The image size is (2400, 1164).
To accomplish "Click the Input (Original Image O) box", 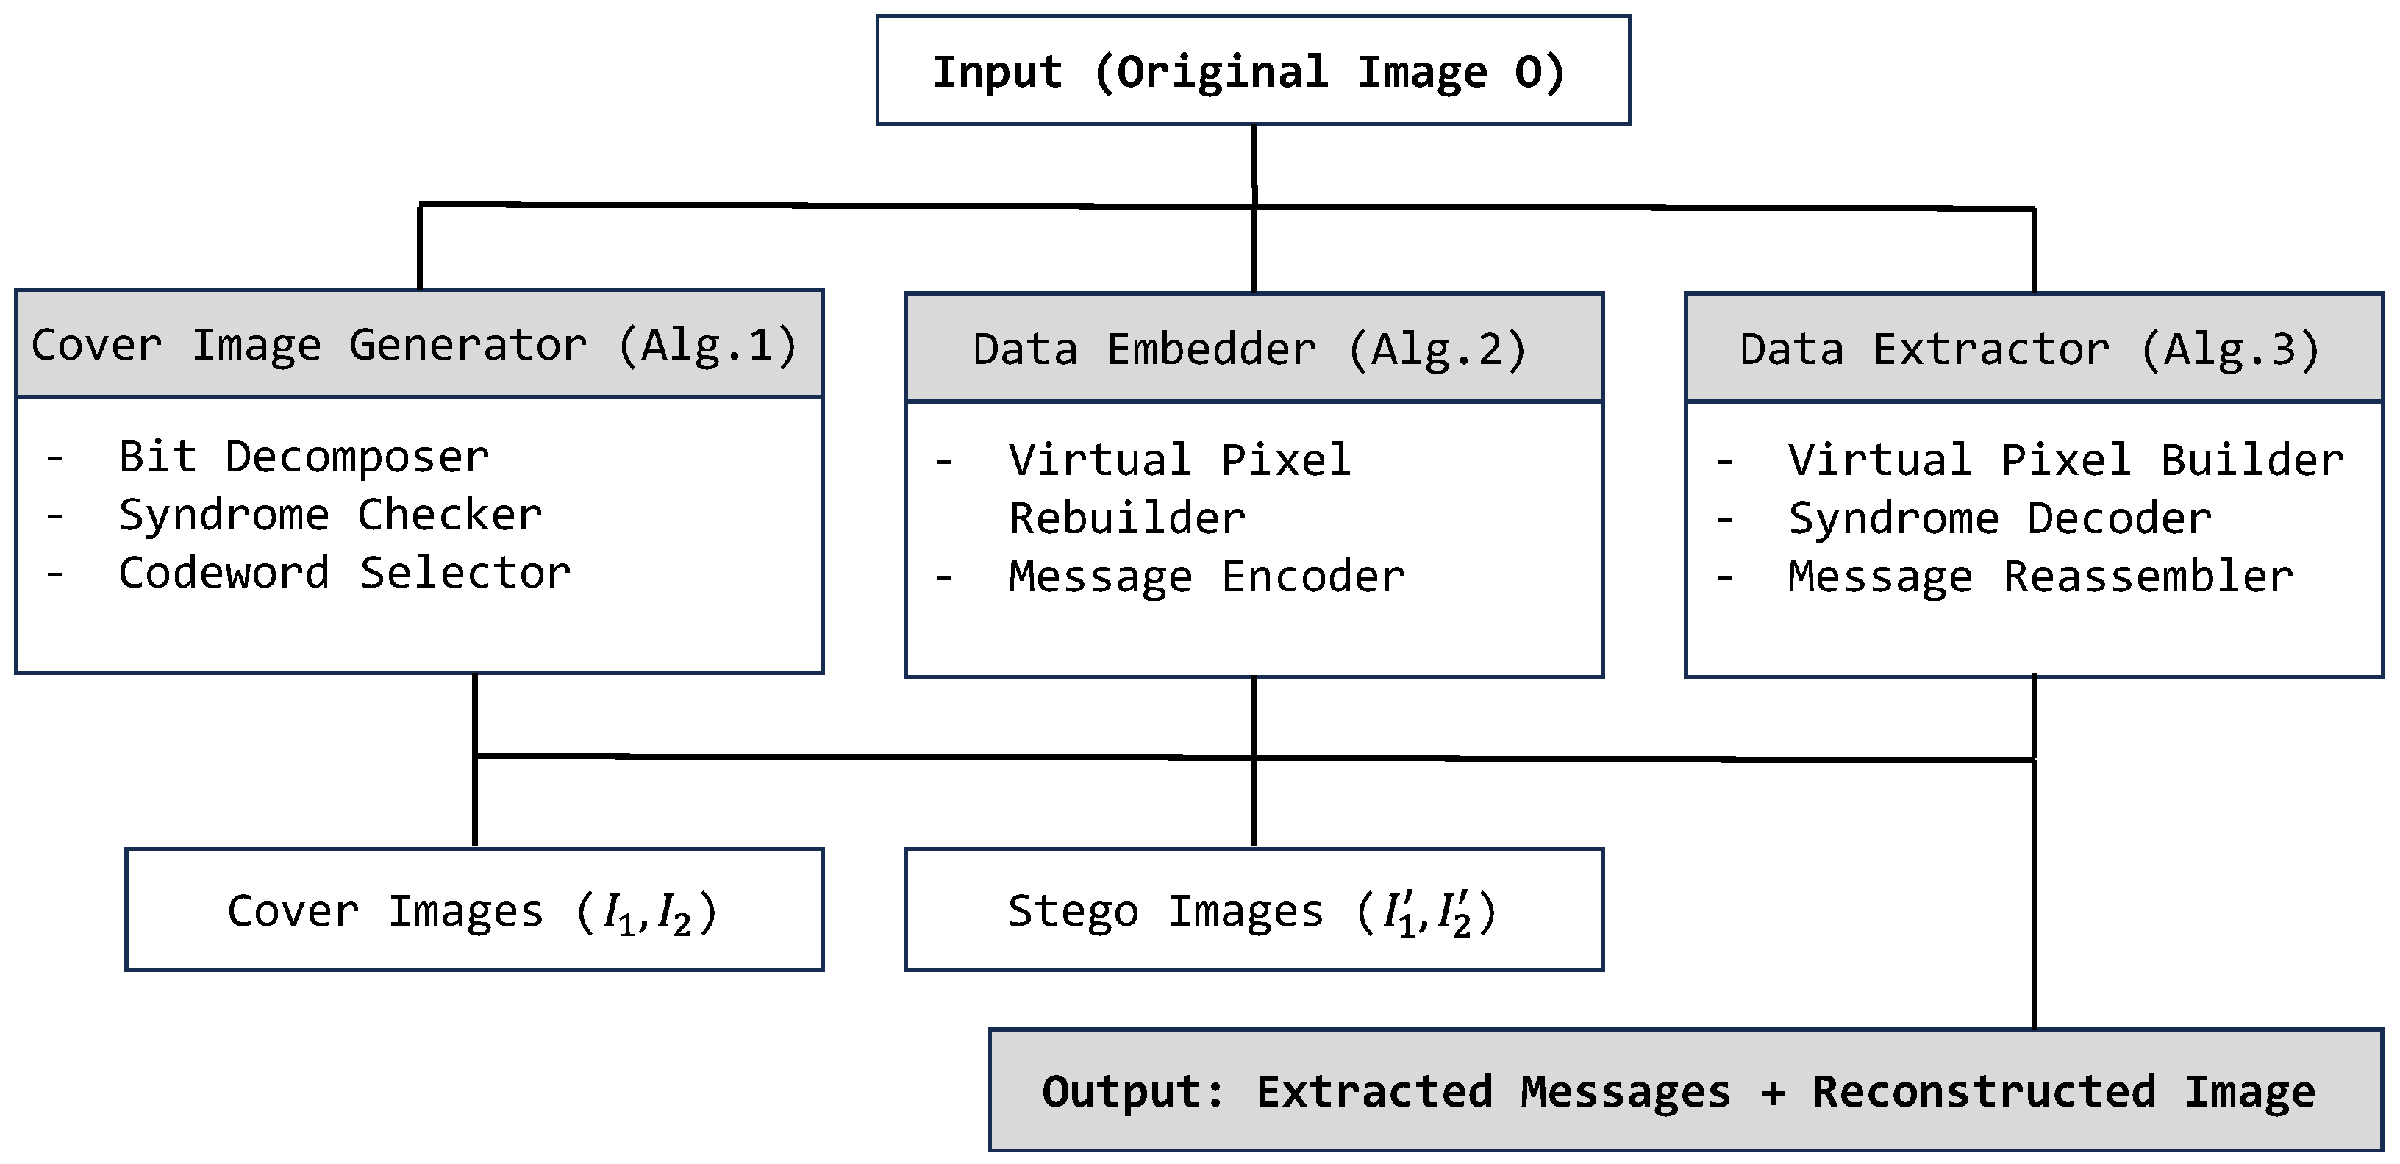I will coord(1253,71).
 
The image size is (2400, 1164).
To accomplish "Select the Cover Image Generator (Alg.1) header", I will coord(418,345).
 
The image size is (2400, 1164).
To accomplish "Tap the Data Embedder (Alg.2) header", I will coord(1253,349).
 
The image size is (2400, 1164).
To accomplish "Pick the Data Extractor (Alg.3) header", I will coord(2033,349).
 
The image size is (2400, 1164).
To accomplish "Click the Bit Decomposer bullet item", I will coord(303,457).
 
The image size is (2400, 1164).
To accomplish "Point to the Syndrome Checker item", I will coord(330,515).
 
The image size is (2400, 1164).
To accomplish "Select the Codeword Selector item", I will coord(344,573).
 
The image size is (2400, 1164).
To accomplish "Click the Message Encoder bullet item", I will coord(1206,577).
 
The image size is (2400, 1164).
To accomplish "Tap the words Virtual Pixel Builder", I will coord(2065,460).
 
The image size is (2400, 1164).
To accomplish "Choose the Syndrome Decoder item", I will coord(1999,518).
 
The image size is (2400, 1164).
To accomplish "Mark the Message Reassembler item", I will coord(2040,577).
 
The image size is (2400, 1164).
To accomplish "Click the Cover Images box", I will coord(474,910).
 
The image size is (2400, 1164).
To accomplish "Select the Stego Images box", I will coord(1253,910).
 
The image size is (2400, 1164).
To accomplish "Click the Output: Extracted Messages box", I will coord(1685,1090).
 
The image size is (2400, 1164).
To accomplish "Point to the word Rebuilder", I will coord(1126,518).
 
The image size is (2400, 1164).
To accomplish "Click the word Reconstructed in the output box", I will coord(1984,1090).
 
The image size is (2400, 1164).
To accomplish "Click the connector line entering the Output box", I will coord(2034,932).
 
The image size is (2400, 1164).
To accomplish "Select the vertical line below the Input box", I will coord(1254,163).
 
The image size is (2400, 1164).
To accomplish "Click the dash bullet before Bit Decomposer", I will coord(55,457).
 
